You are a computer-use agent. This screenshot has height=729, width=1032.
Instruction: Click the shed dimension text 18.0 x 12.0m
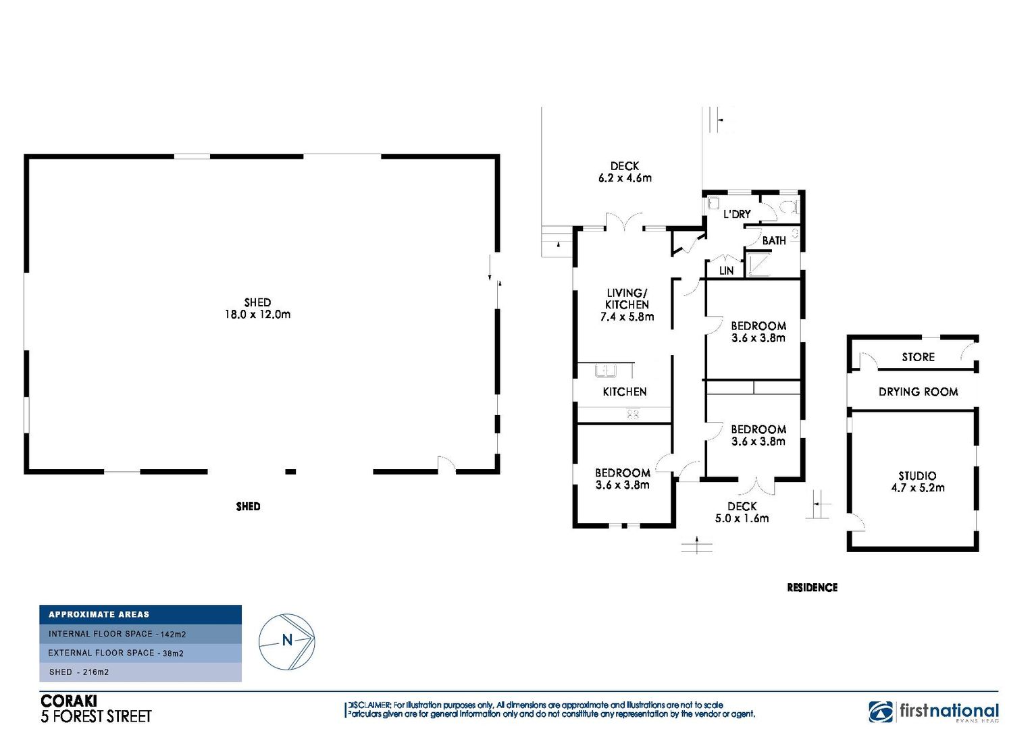pyautogui.click(x=257, y=315)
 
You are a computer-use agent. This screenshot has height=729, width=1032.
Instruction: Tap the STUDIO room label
pyautogui.click(x=917, y=476)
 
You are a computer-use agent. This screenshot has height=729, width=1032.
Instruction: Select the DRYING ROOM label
pyautogui.click(x=919, y=392)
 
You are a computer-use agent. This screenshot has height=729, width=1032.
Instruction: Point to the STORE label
pyautogui.click(x=919, y=357)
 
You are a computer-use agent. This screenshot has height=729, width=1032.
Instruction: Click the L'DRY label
pyautogui.click(x=737, y=214)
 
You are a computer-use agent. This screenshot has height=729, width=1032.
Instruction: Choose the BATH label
pyautogui.click(x=774, y=240)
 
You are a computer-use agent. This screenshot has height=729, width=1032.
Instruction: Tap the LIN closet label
pyautogui.click(x=726, y=271)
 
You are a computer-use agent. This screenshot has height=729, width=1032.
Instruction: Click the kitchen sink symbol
pyautogui.click(x=606, y=371)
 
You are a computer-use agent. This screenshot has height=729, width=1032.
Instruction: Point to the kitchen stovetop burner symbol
pyautogui.click(x=633, y=414)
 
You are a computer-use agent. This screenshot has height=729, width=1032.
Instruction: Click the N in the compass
pyautogui.click(x=287, y=640)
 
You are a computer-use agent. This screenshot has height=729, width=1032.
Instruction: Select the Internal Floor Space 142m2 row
pyautogui.click(x=140, y=634)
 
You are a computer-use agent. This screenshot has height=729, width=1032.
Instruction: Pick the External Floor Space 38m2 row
pyautogui.click(x=140, y=653)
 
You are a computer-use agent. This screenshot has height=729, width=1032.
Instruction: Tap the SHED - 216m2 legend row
pyautogui.click(x=140, y=672)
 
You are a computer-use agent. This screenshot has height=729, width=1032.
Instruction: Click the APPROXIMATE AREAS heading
pyautogui.click(x=99, y=614)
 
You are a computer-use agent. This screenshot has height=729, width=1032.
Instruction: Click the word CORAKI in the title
pyautogui.click(x=69, y=701)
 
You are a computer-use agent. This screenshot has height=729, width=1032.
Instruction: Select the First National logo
pyautogui.click(x=933, y=711)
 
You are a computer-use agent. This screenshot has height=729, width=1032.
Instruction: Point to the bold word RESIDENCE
pyautogui.click(x=812, y=588)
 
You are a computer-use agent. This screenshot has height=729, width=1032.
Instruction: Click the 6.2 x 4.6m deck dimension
pyautogui.click(x=625, y=178)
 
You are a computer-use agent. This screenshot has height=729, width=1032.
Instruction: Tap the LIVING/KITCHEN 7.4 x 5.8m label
pyautogui.click(x=627, y=305)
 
